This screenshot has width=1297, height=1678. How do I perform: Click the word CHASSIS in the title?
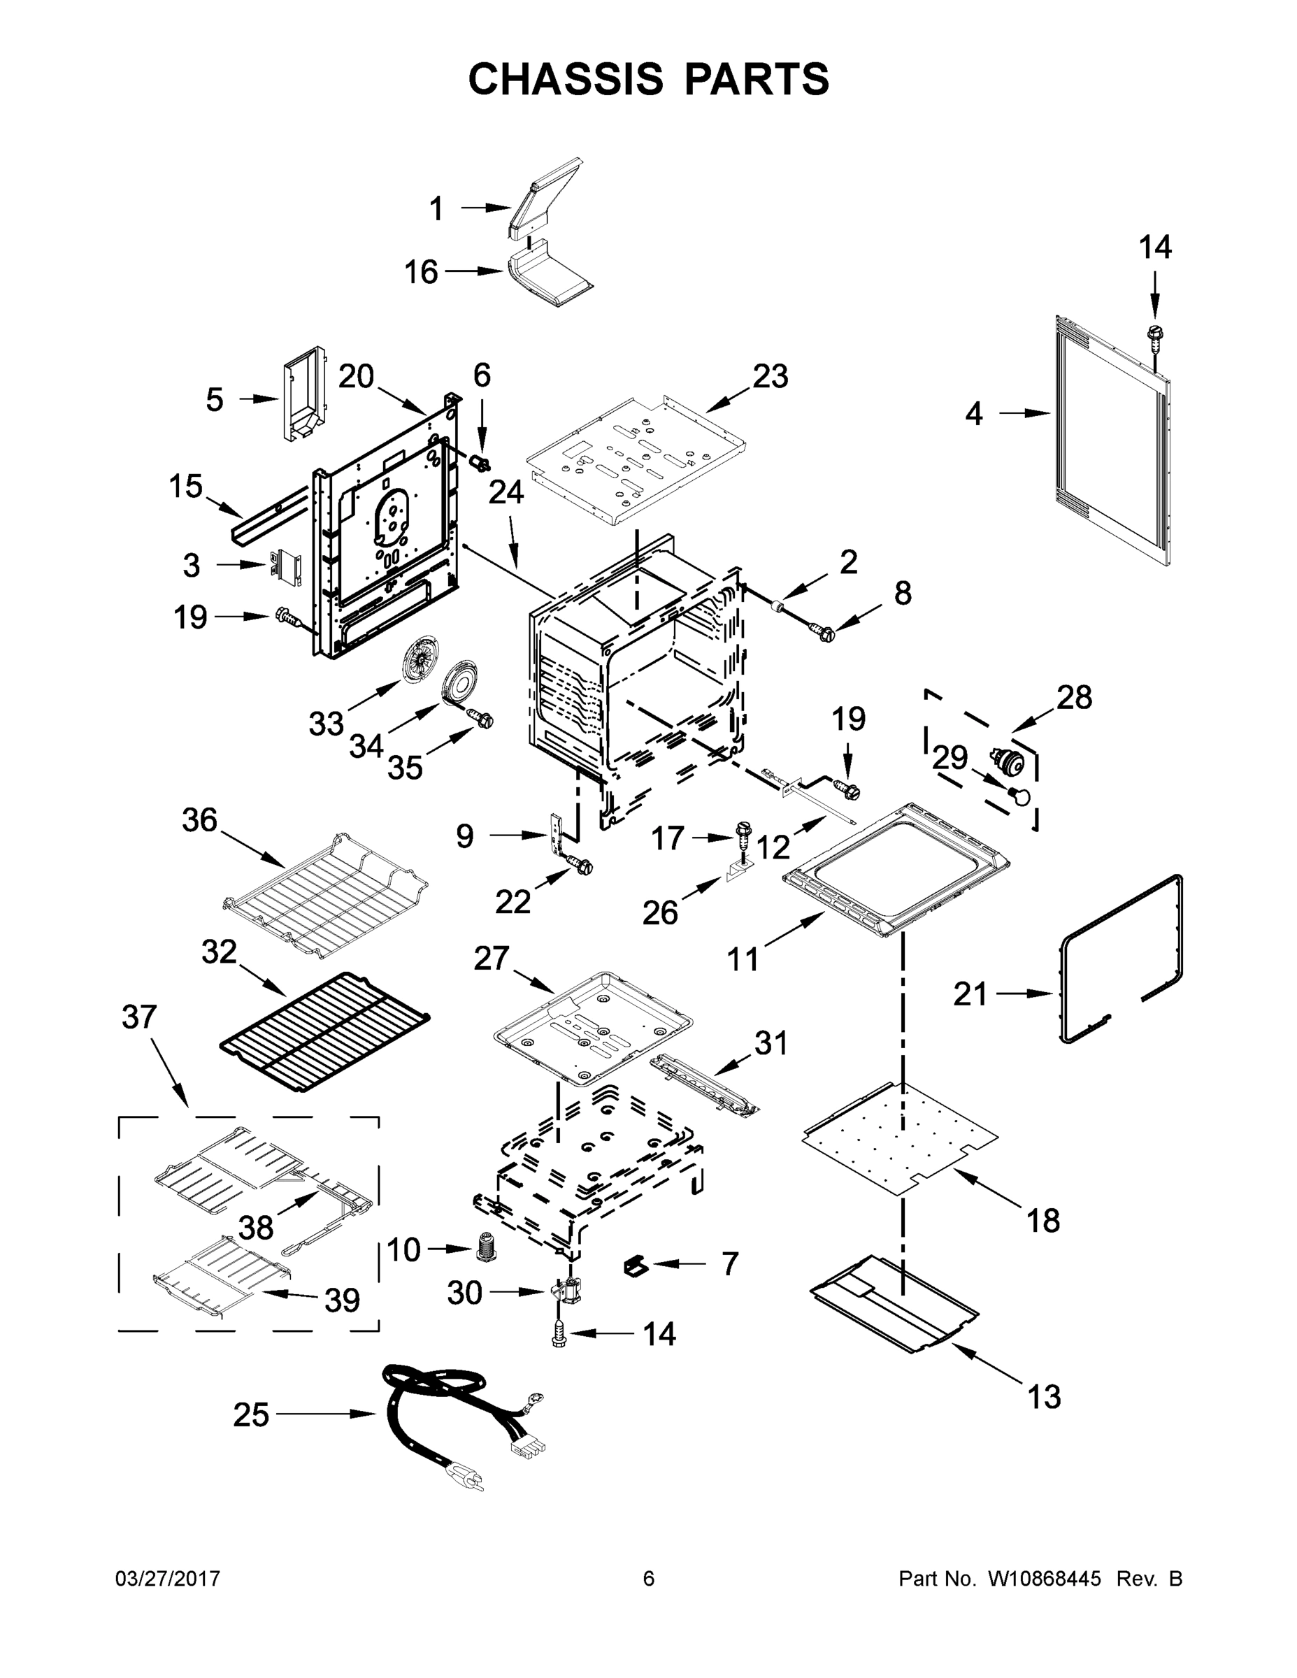point(566,78)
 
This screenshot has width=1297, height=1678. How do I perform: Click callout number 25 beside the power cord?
point(251,1414)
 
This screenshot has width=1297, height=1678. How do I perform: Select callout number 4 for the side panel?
point(973,414)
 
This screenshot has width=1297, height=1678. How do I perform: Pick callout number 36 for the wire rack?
point(200,821)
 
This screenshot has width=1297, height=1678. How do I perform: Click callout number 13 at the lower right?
point(1044,1396)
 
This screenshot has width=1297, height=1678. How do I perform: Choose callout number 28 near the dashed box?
point(1073,698)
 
